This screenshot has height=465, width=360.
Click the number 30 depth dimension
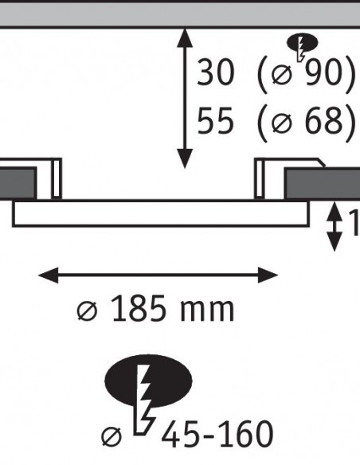coord(216,72)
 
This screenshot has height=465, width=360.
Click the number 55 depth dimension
coord(215,121)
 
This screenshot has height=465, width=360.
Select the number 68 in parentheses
coord(322,121)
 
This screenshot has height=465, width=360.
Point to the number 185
coord(139,308)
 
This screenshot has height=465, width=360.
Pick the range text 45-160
coord(217,434)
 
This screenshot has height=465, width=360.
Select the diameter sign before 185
coord(87,311)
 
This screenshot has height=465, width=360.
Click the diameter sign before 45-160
coord(112,436)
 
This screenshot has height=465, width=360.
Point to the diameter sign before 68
coord(281,123)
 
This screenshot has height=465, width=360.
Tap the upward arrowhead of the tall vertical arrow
coord(185,38)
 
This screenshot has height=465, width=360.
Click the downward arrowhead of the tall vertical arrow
coord(185,159)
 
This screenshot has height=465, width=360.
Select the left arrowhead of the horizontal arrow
coord(49,275)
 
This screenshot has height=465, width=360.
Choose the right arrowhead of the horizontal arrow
coord(268,275)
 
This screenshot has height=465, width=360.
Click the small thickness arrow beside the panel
coord(335,227)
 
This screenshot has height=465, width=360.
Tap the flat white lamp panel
coord(161,214)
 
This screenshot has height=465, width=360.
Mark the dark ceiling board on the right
coord(322,184)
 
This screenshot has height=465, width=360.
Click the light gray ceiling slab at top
coord(180,15)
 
